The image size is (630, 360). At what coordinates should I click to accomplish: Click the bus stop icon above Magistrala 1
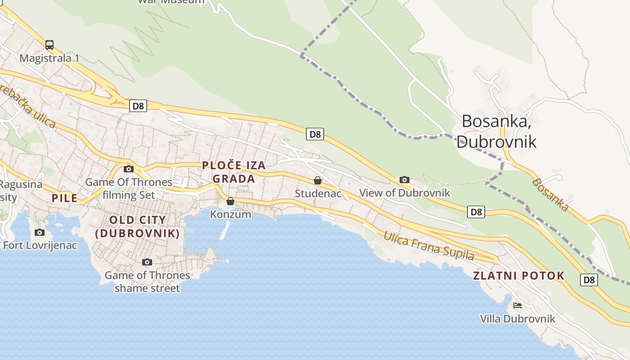(49, 45)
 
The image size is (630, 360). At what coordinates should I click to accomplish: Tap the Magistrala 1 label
(49, 58)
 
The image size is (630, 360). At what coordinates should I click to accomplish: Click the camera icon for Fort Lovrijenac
(40, 233)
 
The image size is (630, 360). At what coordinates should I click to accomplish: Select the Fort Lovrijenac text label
(40, 245)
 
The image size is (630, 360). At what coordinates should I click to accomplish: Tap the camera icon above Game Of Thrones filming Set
(129, 169)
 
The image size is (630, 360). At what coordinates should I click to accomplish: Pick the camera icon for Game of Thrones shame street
(147, 262)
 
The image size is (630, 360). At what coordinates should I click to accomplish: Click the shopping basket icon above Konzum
(230, 201)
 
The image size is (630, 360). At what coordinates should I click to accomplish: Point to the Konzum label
(230, 214)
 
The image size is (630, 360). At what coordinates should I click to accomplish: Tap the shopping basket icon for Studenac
(318, 180)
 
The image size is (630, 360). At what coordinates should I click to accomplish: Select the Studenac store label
(318, 193)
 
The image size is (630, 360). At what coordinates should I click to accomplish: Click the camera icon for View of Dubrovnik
(405, 180)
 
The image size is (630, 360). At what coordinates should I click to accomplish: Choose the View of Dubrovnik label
(405, 193)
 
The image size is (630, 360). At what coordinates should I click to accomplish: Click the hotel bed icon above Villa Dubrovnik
(517, 306)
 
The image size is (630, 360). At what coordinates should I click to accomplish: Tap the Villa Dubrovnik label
(517, 319)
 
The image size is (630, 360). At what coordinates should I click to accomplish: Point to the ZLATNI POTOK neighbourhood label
(518, 276)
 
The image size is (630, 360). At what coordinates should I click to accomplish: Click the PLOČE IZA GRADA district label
(234, 172)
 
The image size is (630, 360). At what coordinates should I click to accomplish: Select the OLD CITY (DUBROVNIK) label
(138, 227)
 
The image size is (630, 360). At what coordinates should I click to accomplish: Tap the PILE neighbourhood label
(64, 198)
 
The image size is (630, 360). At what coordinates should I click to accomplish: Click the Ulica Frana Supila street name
(428, 246)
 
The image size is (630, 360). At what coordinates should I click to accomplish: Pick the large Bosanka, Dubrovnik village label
(496, 131)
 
